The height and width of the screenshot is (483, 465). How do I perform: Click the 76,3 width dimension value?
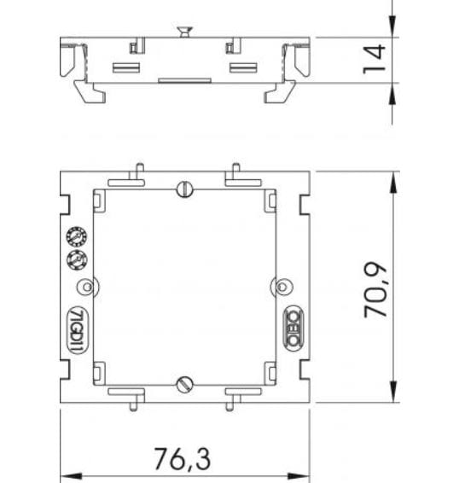click(x=182, y=457)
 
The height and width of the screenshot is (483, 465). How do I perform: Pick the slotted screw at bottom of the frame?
click(x=183, y=383)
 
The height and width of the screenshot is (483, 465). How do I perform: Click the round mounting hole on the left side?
click(x=84, y=285)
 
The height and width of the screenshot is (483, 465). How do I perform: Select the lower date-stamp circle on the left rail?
click(x=74, y=259)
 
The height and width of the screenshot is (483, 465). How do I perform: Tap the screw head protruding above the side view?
click(x=182, y=32)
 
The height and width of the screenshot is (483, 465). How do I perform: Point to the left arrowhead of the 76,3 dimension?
click(x=67, y=474)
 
